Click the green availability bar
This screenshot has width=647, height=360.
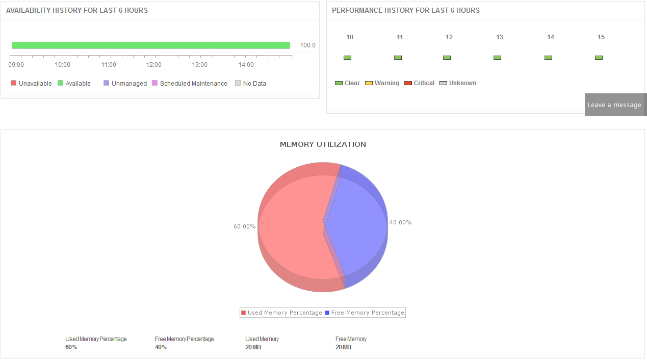150,45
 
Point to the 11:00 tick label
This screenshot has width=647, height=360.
109,65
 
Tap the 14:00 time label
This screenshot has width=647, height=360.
246,65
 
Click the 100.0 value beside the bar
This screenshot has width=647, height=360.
307,45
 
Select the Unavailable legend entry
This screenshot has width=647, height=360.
31,84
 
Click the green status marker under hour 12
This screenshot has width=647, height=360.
447,58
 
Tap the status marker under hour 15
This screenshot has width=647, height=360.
599,58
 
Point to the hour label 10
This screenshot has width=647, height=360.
350,37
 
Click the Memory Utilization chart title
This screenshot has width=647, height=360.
323,144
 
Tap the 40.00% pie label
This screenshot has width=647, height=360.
400,222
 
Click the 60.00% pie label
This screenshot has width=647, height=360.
245,226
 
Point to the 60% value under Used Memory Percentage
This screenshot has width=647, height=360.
71,347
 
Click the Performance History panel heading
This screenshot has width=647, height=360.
405,10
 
